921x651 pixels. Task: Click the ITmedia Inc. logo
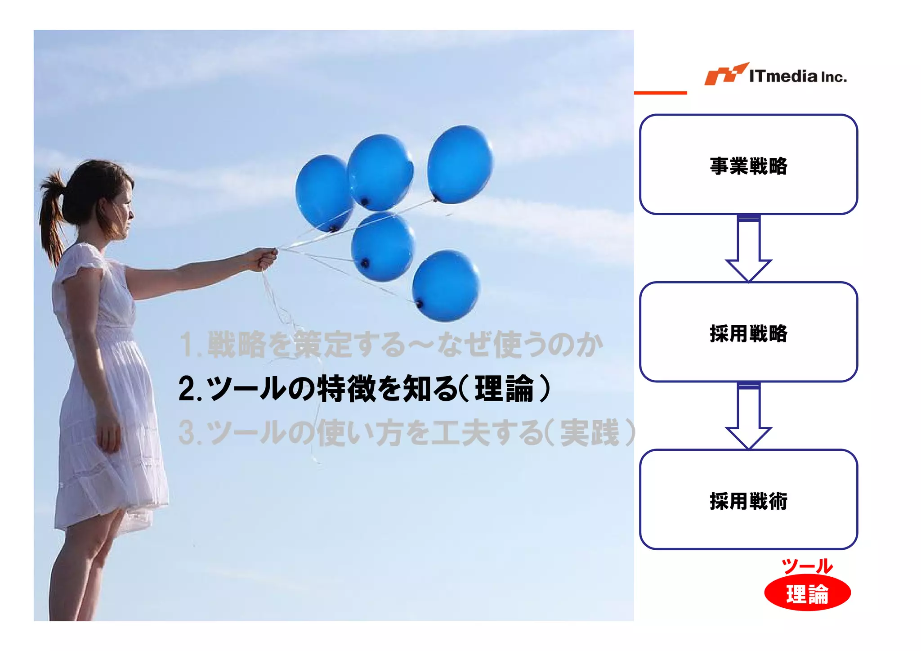pos(775,75)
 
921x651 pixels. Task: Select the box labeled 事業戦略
pos(748,164)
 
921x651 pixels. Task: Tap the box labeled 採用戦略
pos(748,332)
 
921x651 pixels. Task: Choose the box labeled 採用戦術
pos(748,499)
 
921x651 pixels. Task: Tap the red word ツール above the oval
pos(807,566)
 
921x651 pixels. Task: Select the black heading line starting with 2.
pos(364,389)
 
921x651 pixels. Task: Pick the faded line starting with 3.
pos(407,432)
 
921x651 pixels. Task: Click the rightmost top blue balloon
pos(460,164)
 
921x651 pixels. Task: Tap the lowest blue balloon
pos(446,286)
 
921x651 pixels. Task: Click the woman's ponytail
pos(52,216)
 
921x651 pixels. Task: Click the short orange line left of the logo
pos(660,93)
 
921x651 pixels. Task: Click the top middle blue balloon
pos(380,172)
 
